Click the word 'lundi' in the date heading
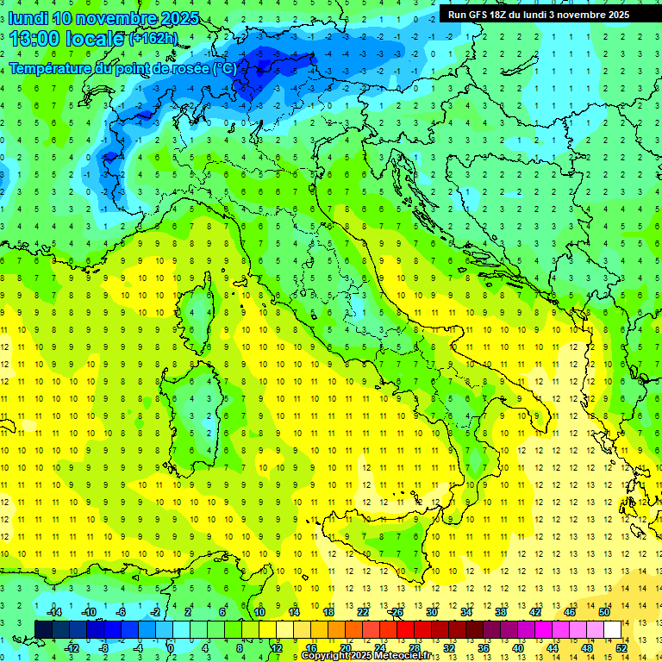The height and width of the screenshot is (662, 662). coord(28,18)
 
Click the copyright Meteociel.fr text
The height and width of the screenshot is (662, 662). coord(365,656)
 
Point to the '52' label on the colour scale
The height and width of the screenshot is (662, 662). coord(621,648)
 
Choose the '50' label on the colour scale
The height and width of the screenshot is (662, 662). coord(604,612)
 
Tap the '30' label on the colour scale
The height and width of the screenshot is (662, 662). coord(432,612)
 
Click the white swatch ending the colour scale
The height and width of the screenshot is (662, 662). coord(612,630)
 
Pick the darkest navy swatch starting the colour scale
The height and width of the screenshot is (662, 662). coord(43,630)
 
